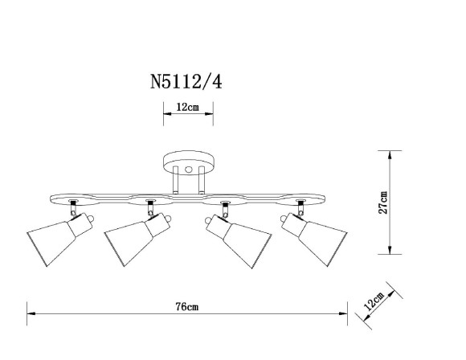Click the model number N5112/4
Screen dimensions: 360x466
pyautogui.click(x=186, y=81)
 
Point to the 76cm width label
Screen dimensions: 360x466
pyautogui.click(x=186, y=307)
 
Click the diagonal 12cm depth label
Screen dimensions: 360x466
pyautogui.click(x=374, y=302)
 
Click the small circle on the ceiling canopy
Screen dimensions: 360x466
pyautogui.click(x=189, y=170)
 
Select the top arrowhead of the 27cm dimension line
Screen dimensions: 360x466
pyautogui.click(x=390, y=153)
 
